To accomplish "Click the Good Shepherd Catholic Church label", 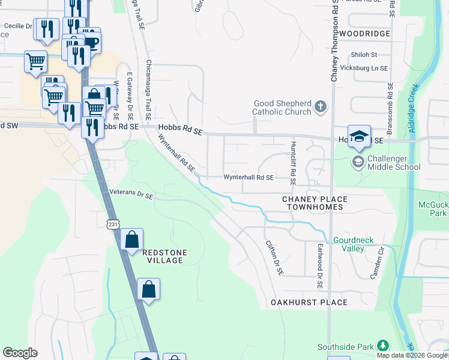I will pos(282,107).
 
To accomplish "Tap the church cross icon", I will pos(321,107).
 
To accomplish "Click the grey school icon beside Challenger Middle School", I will pos(358,162).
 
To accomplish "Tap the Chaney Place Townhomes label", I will pos(315,203).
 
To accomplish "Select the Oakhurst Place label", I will pos(309,302).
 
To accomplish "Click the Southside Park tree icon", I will pos(382,346).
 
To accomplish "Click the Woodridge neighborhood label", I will pos(364,34).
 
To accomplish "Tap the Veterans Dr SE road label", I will pos(131,194).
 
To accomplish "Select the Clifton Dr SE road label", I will pos(274,257).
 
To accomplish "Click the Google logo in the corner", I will pos(20,353).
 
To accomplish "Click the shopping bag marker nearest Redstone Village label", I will pos(131,239).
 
